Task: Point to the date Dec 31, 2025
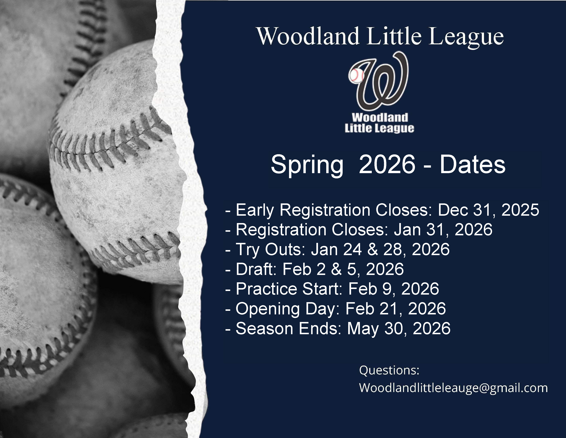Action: point(488,210)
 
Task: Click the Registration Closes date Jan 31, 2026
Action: point(443,230)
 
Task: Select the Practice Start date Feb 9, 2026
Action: point(394,289)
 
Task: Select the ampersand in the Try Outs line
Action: point(372,250)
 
